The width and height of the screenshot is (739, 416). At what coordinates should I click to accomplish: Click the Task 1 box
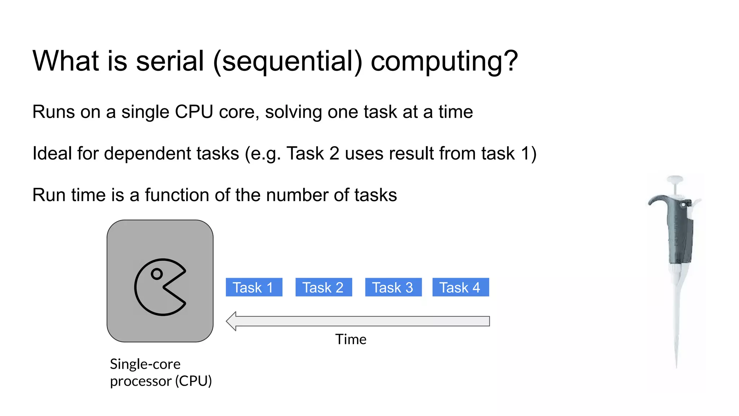click(254, 287)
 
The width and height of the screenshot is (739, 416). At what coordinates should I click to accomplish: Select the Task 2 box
click(323, 287)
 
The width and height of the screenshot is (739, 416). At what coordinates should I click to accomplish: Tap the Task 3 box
click(393, 287)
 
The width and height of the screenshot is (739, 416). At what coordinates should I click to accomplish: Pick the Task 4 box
click(460, 287)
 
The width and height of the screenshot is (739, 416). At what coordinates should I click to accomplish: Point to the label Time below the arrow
click(350, 339)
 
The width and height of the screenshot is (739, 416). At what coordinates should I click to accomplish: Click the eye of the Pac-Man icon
click(157, 274)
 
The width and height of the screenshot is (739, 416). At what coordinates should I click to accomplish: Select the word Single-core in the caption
click(145, 364)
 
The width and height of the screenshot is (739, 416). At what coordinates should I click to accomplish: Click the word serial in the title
click(170, 61)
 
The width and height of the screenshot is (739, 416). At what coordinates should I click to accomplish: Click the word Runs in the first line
click(53, 112)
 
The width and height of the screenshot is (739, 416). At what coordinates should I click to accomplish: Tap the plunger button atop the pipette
click(675, 179)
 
